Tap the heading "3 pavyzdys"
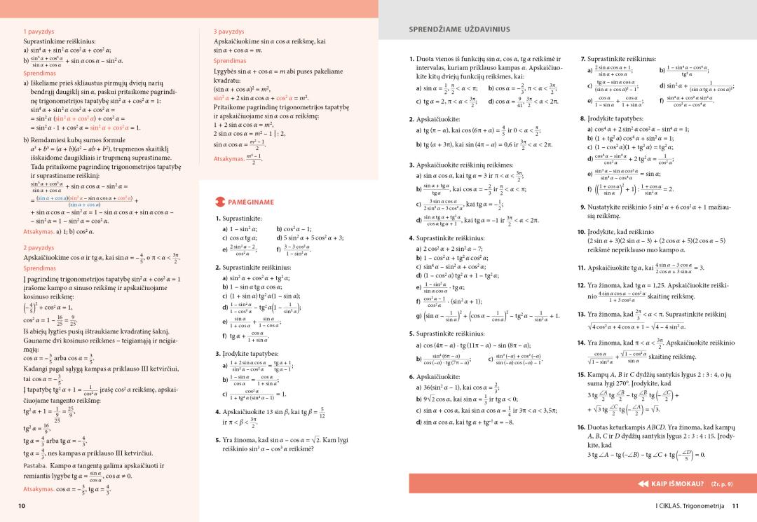tap(229, 32)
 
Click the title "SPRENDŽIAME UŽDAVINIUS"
tap(459, 29)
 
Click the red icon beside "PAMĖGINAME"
tap(219, 202)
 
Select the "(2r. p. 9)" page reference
tap(721, 483)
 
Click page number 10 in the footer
tap(22, 506)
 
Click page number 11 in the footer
tap(735, 506)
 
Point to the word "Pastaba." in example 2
tap(35, 465)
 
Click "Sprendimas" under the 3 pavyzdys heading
tap(230, 61)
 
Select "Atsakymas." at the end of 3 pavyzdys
tap(229, 159)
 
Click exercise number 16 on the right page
tap(581, 427)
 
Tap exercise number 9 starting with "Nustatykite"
tap(582, 207)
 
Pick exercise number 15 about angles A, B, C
tap(581, 374)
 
